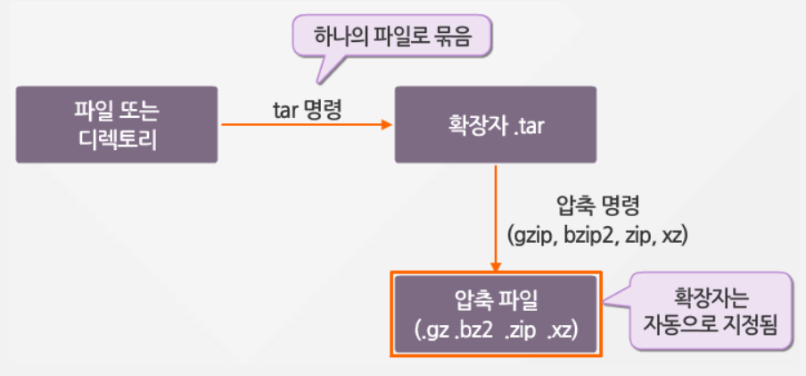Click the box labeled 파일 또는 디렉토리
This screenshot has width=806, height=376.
[117, 124]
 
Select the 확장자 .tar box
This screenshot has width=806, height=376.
[496, 124]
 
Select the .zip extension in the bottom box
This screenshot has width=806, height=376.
[520, 330]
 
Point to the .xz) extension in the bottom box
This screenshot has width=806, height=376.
[563, 330]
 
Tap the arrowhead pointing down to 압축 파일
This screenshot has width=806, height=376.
[496, 265]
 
